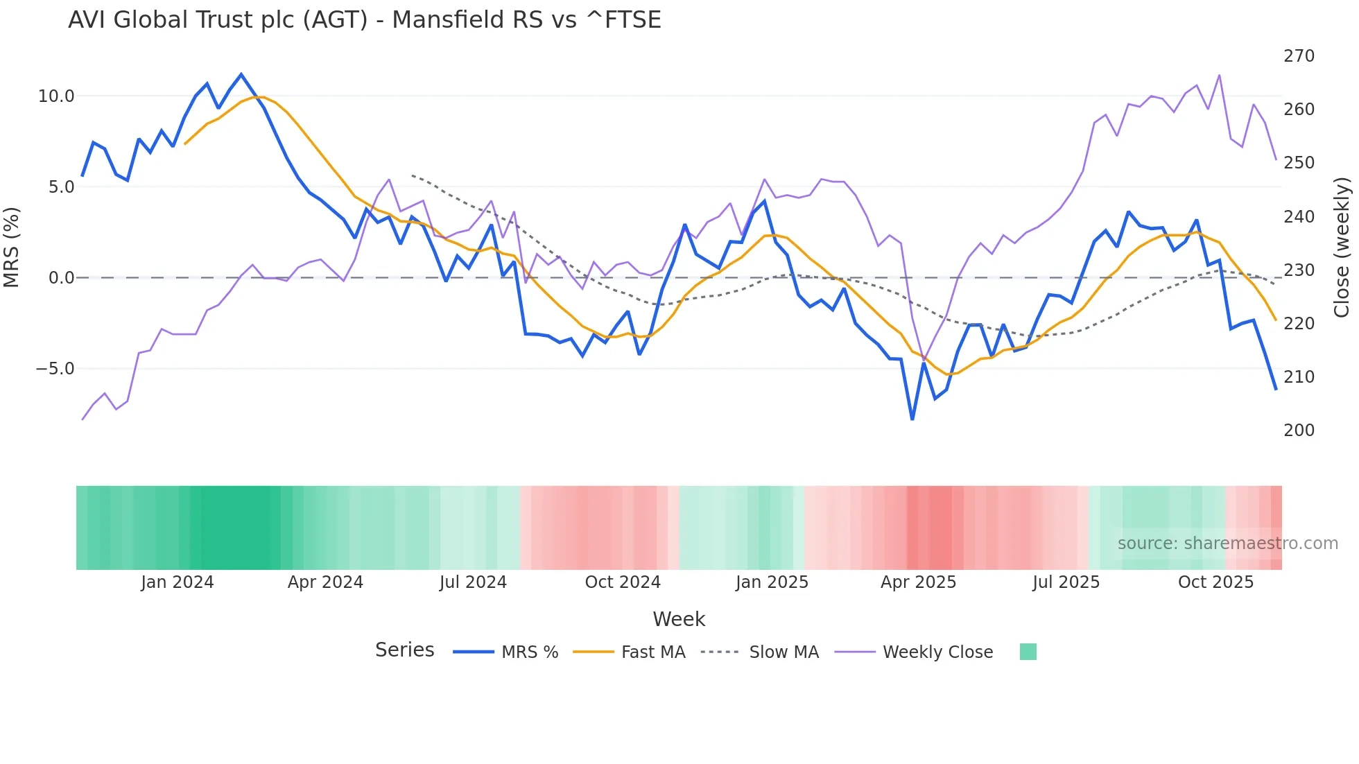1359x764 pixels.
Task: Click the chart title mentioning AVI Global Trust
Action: [x=364, y=20]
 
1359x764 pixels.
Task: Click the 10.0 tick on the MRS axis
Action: [x=55, y=96]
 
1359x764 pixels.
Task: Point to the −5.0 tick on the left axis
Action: [x=54, y=369]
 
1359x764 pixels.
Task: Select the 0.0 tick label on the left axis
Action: [x=60, y=278]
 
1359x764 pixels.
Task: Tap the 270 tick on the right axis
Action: [x=1299, y=56]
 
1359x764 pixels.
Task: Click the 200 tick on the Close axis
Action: [x=1299, y=431]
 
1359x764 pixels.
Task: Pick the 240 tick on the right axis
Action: [x=1299, y=217]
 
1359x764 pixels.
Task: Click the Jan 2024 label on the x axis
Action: [x=177, y=582]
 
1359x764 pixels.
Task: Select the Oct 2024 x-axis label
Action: [x=623, y=582]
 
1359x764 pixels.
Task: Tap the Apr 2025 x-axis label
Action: [x=918, y=582]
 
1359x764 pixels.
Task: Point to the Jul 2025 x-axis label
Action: [x=1066, y=582]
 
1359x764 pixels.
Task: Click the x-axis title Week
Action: [x=679, y=619]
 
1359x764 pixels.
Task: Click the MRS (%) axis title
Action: [x=12, y=247]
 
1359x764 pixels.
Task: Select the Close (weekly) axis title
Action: [x=1342, y=247]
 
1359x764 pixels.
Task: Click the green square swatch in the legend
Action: [x=1028, y=652]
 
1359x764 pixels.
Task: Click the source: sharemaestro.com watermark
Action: [x=1227, y=544]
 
